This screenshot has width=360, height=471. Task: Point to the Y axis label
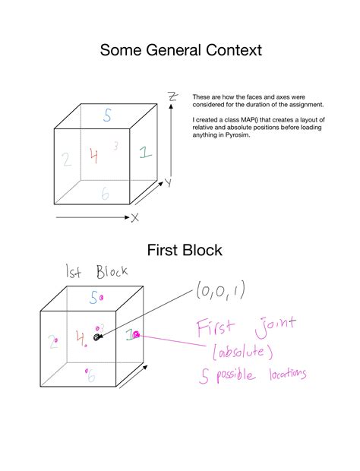(168, 182)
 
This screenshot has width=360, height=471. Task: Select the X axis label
(135, 218)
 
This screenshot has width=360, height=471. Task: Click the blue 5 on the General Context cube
(107, 116)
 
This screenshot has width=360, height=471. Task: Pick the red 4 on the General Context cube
(93, 156)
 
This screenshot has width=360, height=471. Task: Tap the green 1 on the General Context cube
(144, 152)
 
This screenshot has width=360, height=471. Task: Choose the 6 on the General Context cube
(105, 194)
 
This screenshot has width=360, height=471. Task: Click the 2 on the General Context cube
(67, 159)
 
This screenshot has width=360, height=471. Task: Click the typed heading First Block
(179, 250)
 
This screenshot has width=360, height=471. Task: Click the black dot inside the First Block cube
(96, 337)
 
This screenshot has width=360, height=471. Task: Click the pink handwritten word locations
(283, 375)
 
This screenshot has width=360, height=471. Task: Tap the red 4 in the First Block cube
(81, 337)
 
